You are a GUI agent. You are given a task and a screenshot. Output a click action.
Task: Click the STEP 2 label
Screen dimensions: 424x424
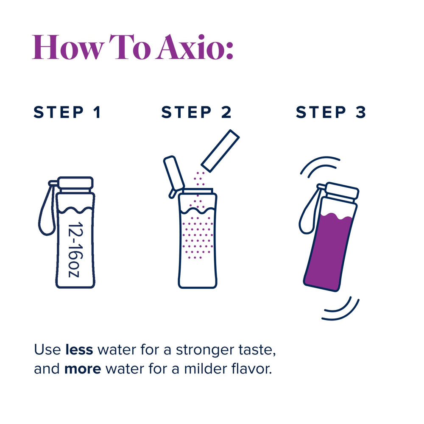click(197, 113)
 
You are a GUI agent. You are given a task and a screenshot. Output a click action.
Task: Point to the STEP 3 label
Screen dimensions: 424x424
click(331, 113)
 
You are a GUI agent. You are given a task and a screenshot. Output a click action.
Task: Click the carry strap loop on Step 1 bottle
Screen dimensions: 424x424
click(46, 212)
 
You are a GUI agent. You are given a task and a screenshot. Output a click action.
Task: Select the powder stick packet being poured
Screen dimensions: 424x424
click(220, 151)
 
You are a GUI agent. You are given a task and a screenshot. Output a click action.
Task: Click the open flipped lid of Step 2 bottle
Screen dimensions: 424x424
click(174, 174)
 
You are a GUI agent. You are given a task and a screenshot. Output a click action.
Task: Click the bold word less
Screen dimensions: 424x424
click(80, 350)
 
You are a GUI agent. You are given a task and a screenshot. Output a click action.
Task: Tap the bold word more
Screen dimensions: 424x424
click(83, 369)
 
